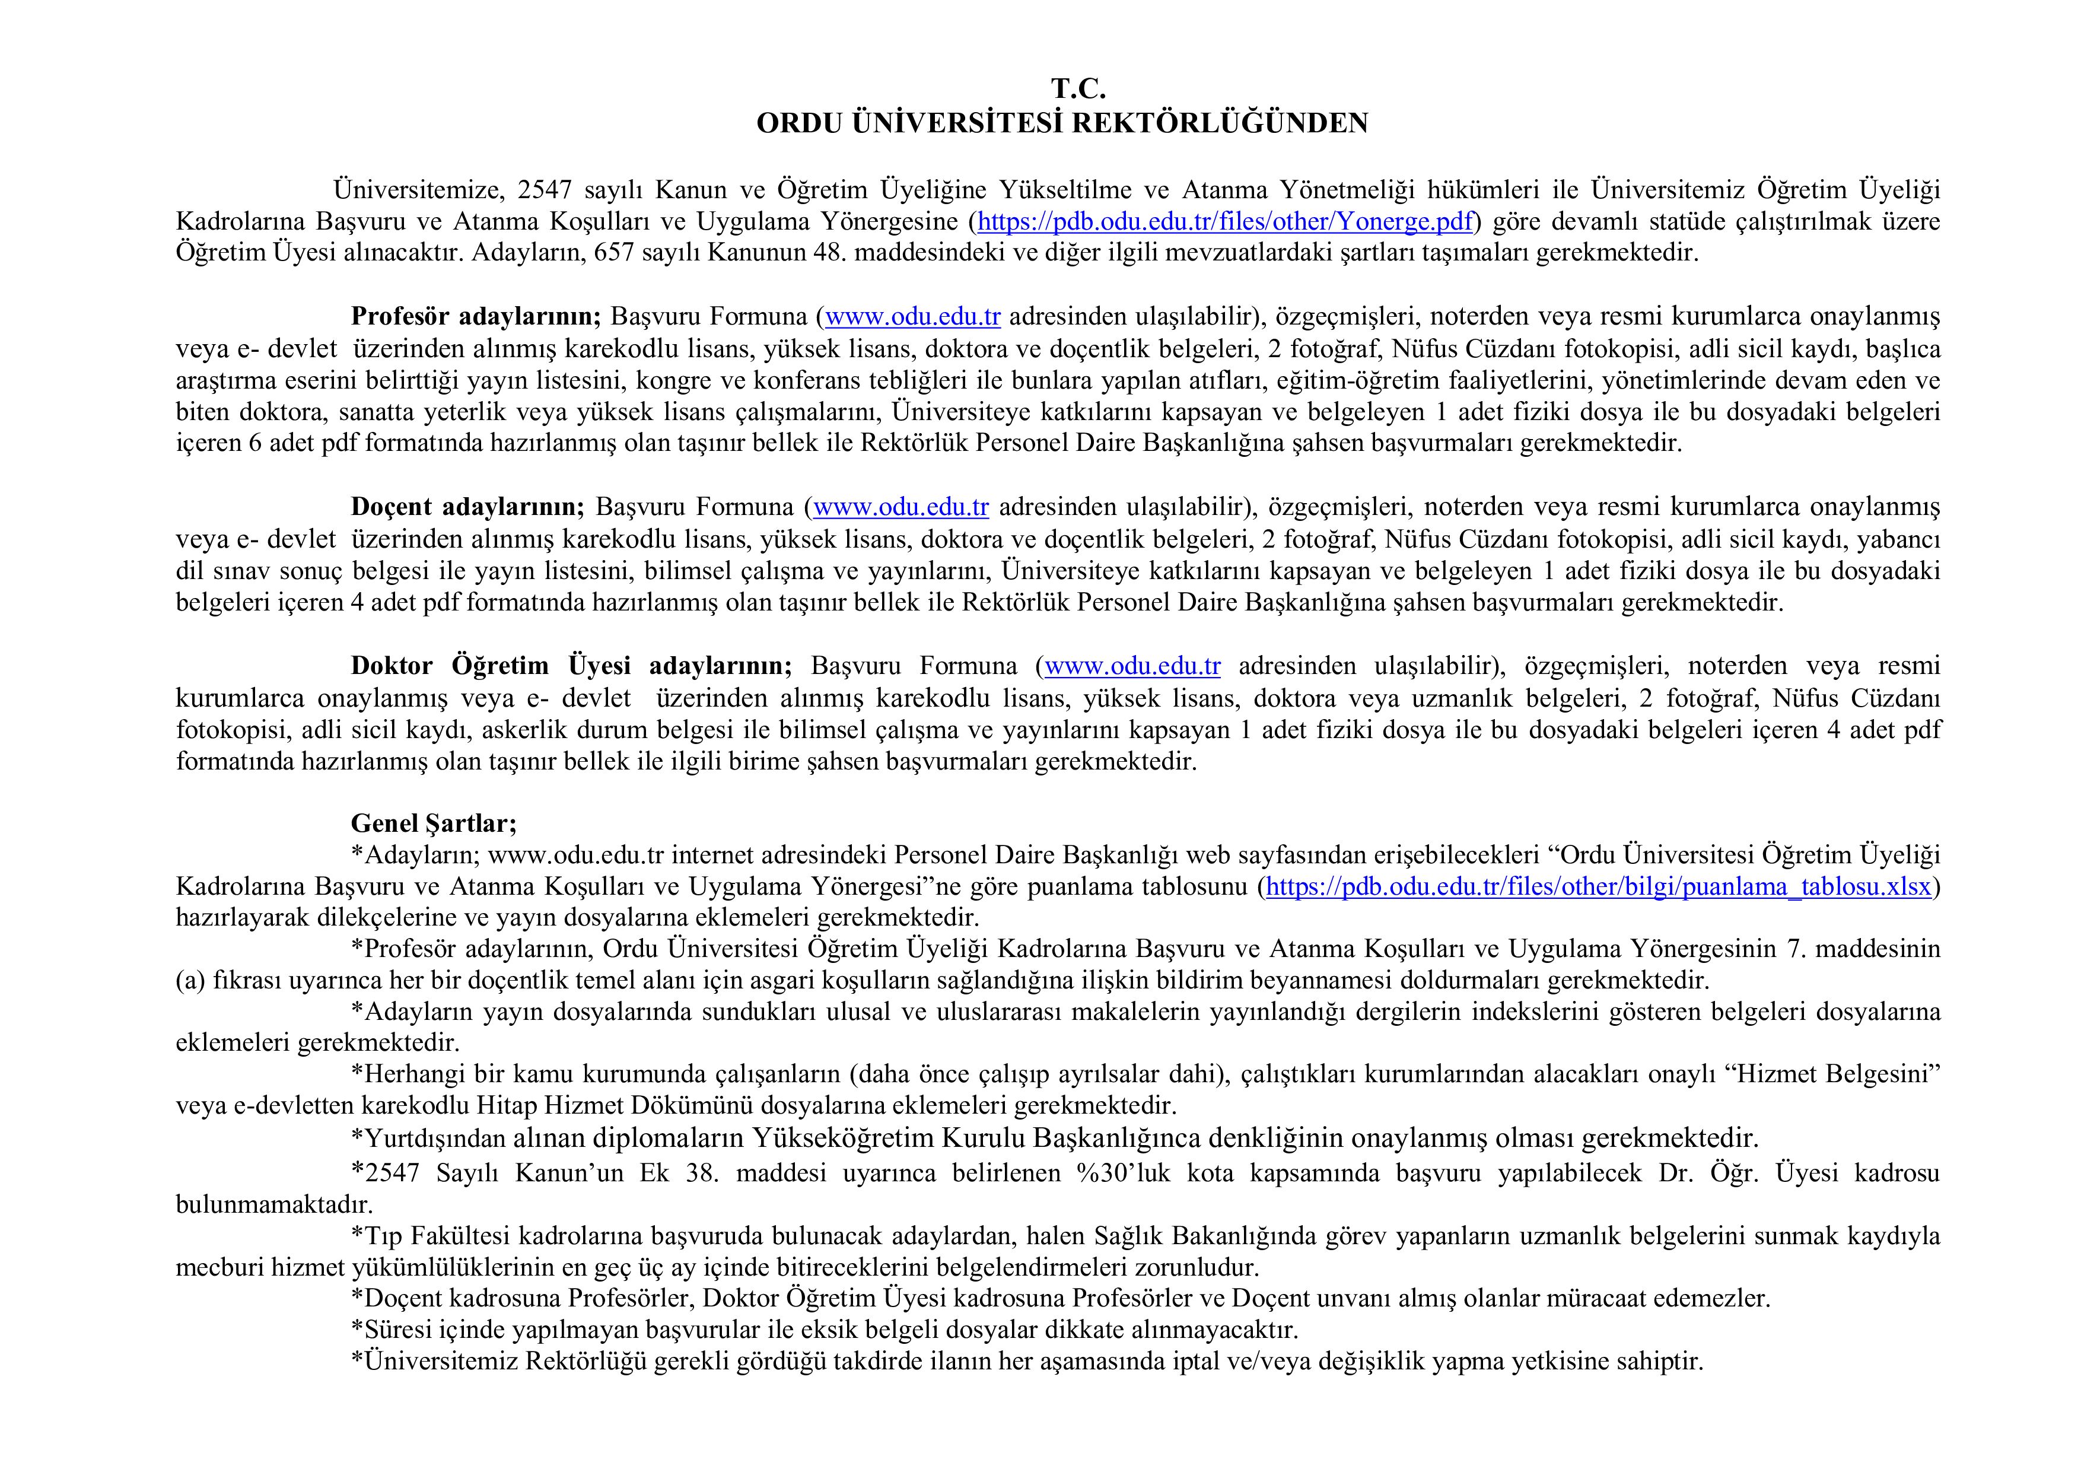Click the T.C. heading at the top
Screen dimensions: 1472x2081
pyautogui.click(x=1078, y=89)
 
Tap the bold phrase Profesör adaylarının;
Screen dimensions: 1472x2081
pyautogui.click(x=476, y=316)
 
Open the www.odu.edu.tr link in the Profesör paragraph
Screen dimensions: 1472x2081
pyautogui.click(x=913, y=316)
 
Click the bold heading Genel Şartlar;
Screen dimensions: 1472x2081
pyautogui.click(x=433, y=823)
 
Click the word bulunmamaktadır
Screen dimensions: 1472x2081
pyautogui.click(x=273, y=1204)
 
